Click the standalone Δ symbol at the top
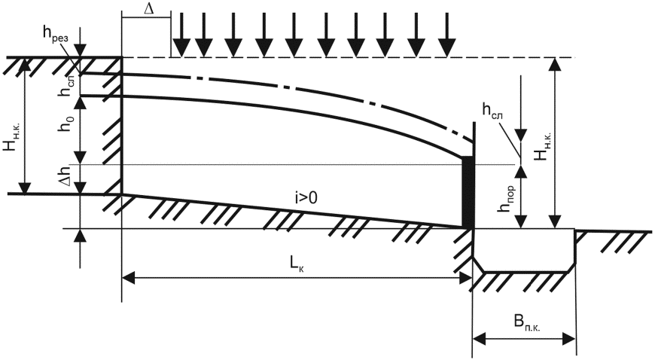click(x=149, y=8)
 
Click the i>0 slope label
click(x=305, y=198)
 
